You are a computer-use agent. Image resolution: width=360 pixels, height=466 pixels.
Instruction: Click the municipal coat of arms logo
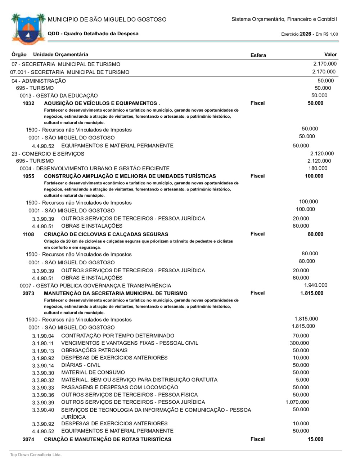(28, 29)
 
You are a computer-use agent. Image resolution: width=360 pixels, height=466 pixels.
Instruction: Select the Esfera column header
(258, 55)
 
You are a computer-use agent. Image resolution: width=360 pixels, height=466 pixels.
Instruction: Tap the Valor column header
(330, 54)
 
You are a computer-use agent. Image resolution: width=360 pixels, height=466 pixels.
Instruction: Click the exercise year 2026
(305, 34)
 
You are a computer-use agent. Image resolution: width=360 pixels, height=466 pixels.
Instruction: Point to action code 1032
(28, 103)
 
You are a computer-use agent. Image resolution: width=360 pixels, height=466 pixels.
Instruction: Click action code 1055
(28, 176)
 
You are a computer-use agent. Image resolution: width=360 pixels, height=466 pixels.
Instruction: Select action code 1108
(28, 234)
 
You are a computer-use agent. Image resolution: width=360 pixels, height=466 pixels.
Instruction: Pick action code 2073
(28, 294)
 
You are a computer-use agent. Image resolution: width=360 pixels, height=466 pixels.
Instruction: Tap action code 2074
(28, 439)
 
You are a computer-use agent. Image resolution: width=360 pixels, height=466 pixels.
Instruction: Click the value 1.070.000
(297, 402)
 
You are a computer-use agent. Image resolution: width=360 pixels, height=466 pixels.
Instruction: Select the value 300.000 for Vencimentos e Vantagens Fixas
(300, 343)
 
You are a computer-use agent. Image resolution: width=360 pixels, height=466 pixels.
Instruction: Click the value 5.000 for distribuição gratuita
(302, 380)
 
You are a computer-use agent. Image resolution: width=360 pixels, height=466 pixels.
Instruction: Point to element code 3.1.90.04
(43, 336)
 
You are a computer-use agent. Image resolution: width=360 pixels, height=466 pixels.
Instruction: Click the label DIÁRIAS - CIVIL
(81, 365)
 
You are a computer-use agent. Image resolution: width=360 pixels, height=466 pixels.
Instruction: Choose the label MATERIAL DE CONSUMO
(93, 372)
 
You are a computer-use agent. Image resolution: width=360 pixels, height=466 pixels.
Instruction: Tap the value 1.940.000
(316, 285)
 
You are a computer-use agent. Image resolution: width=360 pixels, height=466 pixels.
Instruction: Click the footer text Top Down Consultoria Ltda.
(36, 454)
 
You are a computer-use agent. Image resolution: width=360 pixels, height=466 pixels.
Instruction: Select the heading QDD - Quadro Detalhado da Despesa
(93, 33)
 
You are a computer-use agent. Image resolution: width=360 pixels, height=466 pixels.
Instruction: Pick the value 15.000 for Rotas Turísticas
(315, 439)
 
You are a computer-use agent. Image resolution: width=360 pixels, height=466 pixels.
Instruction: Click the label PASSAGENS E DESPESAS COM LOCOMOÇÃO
(120, 387)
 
